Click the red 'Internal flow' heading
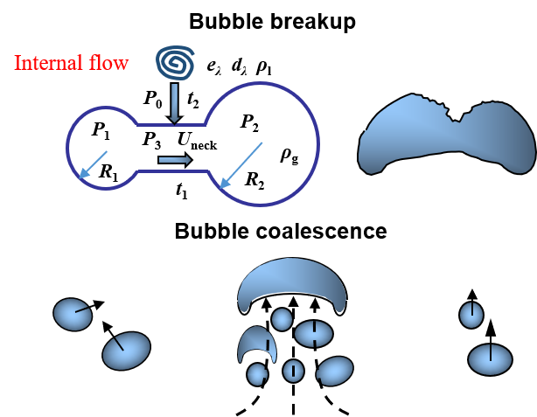[72, 63]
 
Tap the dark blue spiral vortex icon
[175, 63]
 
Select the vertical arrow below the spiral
[175, 102]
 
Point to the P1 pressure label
[101, 130]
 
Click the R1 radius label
[108, 172]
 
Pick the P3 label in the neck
[151, 140]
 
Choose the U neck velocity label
[196, 140]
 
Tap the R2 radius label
[255, 180]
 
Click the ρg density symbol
[289, 154]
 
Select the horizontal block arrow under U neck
[176, 160]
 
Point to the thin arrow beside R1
[92, 164]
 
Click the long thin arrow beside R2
[241, 164]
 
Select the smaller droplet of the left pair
[73, 315]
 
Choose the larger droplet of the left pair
[126, 351]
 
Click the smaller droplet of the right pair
[471, 315]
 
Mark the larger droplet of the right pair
[490, 359]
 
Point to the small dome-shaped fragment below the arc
[256, 344]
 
